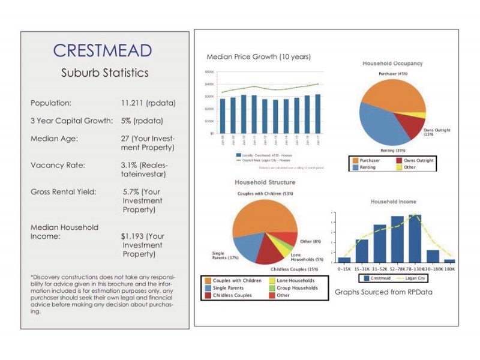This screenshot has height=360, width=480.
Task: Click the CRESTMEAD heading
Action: point(102,50)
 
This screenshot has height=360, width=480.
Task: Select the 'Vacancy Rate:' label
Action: point(59,164)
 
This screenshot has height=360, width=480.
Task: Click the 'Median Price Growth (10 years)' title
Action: point(259,56)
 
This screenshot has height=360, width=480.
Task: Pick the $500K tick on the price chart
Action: point(209,71)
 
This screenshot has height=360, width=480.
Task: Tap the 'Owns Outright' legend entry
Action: point(415,160)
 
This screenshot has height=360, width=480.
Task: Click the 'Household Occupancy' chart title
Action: point(392,63)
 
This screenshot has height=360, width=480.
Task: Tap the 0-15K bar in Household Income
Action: point(344,260)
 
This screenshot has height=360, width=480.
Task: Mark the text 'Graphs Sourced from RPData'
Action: point(383,292)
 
